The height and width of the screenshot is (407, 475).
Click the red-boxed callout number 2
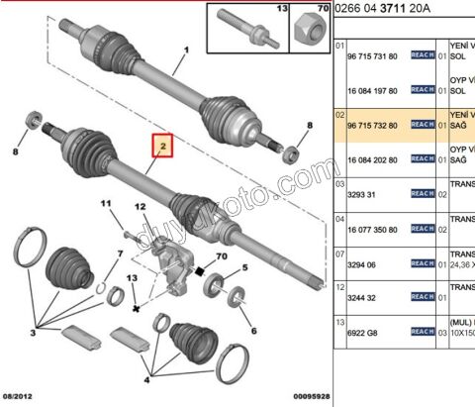tap(161, 149)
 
